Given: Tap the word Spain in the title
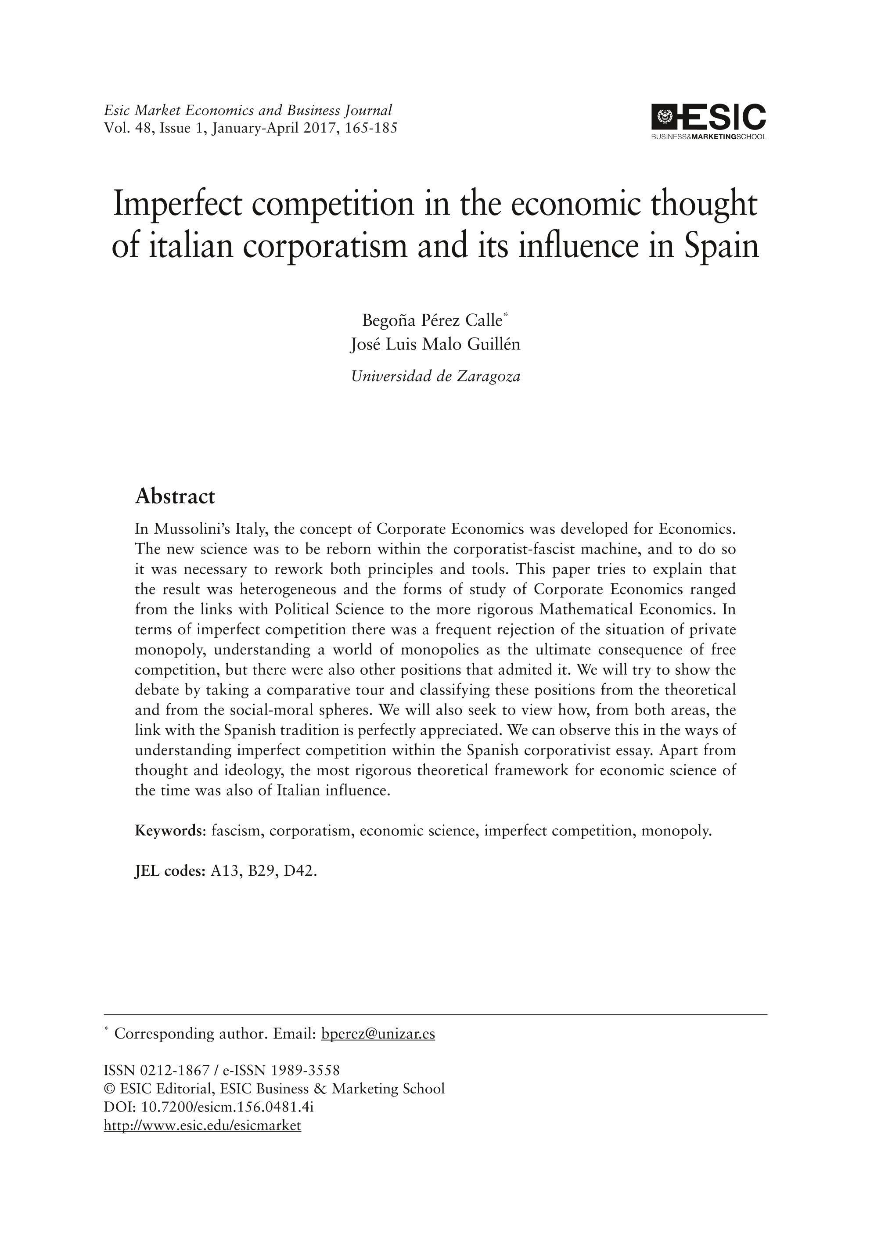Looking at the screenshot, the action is [722, 246].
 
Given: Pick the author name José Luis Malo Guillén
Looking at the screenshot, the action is [435, 345].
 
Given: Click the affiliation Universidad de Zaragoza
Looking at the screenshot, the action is [435, 376].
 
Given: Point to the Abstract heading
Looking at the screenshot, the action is [175, 496].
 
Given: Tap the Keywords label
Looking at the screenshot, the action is [168, 831].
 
